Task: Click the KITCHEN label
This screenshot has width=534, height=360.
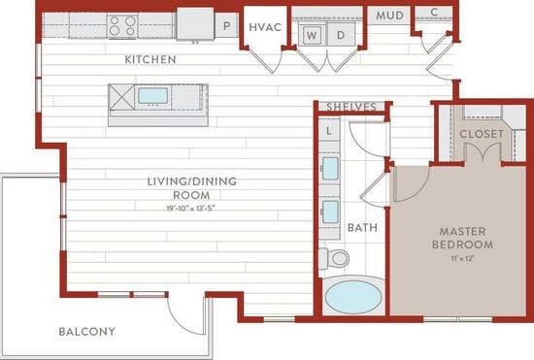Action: coord(150,60)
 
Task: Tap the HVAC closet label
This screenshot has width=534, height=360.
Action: coord(265,27)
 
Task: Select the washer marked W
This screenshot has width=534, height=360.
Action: coord(313,35)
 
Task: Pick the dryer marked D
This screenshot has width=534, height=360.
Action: coord(340,35)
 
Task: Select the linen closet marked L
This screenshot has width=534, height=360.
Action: coord(329,129)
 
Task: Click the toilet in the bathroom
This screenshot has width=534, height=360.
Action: coord(335,258)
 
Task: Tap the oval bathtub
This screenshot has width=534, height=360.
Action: coord(353,296)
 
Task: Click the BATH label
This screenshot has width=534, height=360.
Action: coord(361,228)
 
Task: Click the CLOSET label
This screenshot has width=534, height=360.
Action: coord(480,133)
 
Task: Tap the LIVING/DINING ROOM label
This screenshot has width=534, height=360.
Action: coord(191,187)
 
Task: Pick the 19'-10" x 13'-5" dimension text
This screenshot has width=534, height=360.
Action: coord(191,208)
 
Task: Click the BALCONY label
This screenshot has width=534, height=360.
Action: coord(86,332)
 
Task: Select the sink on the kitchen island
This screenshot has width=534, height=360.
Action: coord(153,96)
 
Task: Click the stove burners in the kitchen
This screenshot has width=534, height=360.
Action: coord(122,24)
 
